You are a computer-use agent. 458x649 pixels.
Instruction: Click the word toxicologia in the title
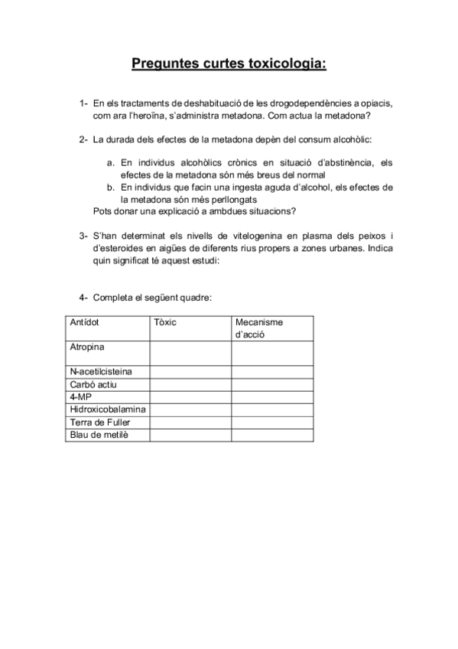point(283,64)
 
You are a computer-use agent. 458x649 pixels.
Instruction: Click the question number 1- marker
point(83,103)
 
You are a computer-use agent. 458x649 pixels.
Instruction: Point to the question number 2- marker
point(83,141)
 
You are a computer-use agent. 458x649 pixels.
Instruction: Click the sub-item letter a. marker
point(111,162)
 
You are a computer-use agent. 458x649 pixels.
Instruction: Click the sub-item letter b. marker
point(111,187)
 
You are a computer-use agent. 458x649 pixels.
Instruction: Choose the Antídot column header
point(85,322)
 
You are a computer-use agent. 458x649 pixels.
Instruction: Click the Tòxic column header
point(165,322)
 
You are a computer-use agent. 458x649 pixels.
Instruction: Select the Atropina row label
point(87,347)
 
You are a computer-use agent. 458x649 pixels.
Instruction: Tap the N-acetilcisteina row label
point(100,372)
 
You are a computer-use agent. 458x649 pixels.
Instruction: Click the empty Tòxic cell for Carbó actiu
point(190,384)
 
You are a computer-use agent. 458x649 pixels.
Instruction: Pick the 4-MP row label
point(80,396)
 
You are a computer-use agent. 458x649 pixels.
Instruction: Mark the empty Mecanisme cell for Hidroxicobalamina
point(272,409)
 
